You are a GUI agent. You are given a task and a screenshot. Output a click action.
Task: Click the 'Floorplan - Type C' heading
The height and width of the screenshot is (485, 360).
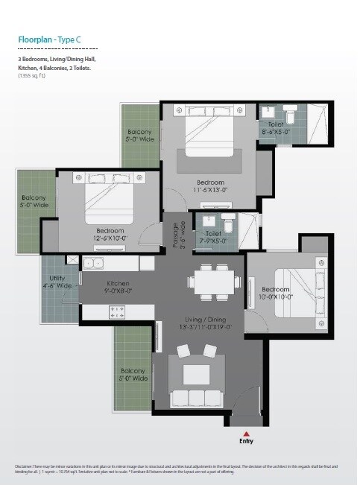[x=51, y=41]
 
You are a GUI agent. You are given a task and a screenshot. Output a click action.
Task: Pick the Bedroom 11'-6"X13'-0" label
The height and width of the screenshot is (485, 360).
[x=211, y=186]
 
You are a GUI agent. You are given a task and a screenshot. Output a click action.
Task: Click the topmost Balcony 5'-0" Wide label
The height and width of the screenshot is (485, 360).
[x=140, y=135]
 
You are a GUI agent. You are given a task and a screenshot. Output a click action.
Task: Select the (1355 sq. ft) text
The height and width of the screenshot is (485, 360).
[x=32, y=76]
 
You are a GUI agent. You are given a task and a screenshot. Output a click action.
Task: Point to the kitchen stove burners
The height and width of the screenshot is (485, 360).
[x=117, y=310]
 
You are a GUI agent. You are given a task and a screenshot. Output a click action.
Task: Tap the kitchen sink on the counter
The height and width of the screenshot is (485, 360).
[x=96, y=263]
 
